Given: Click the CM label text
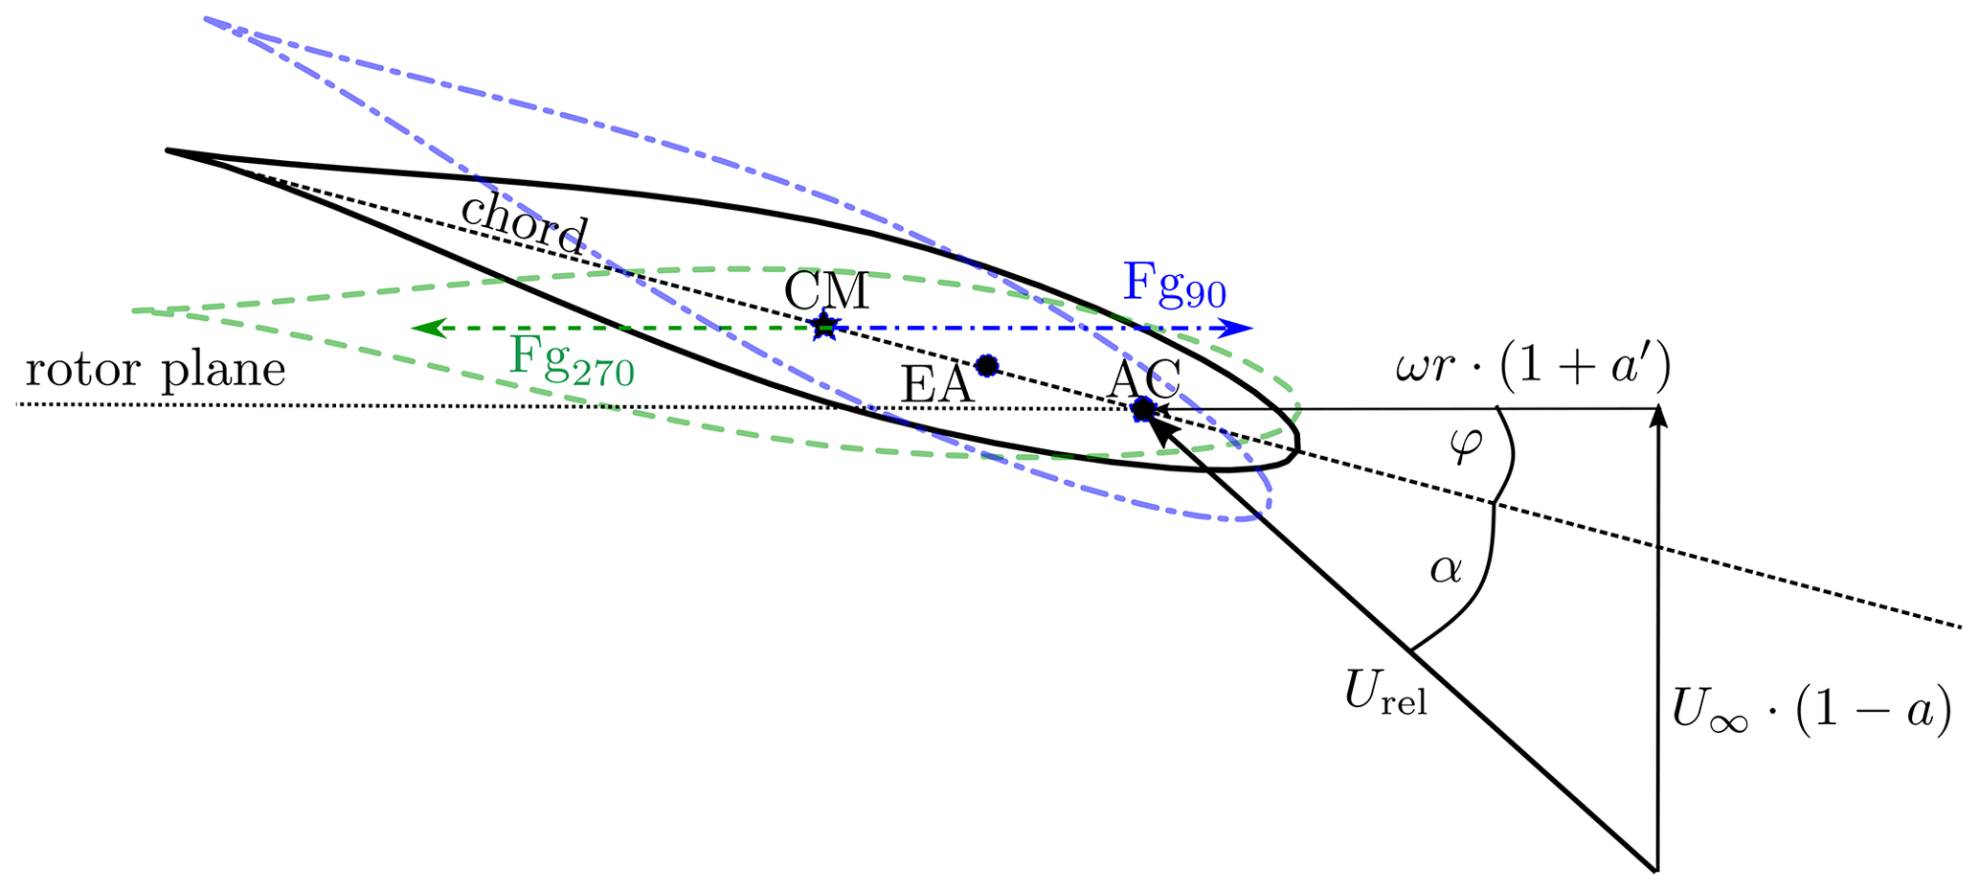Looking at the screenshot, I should [x=826, y=291].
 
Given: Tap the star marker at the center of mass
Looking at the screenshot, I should [x=823, y=328].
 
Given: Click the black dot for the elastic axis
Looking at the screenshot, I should [x=986, y=365].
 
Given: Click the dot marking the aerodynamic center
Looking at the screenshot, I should [x=1142, y=409].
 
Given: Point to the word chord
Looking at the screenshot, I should [x=523, y=225].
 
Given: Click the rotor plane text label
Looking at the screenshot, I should [x=155, y=370].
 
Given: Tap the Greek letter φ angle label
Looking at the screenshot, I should [x=1466, y=445].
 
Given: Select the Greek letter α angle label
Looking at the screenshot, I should [x=1446, y=569].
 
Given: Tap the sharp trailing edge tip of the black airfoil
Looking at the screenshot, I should [x=170, y=150].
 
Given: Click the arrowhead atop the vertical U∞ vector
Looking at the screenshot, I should [x=1657, y=418].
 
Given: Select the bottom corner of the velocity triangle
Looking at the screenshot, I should [x=1655, y=870].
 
